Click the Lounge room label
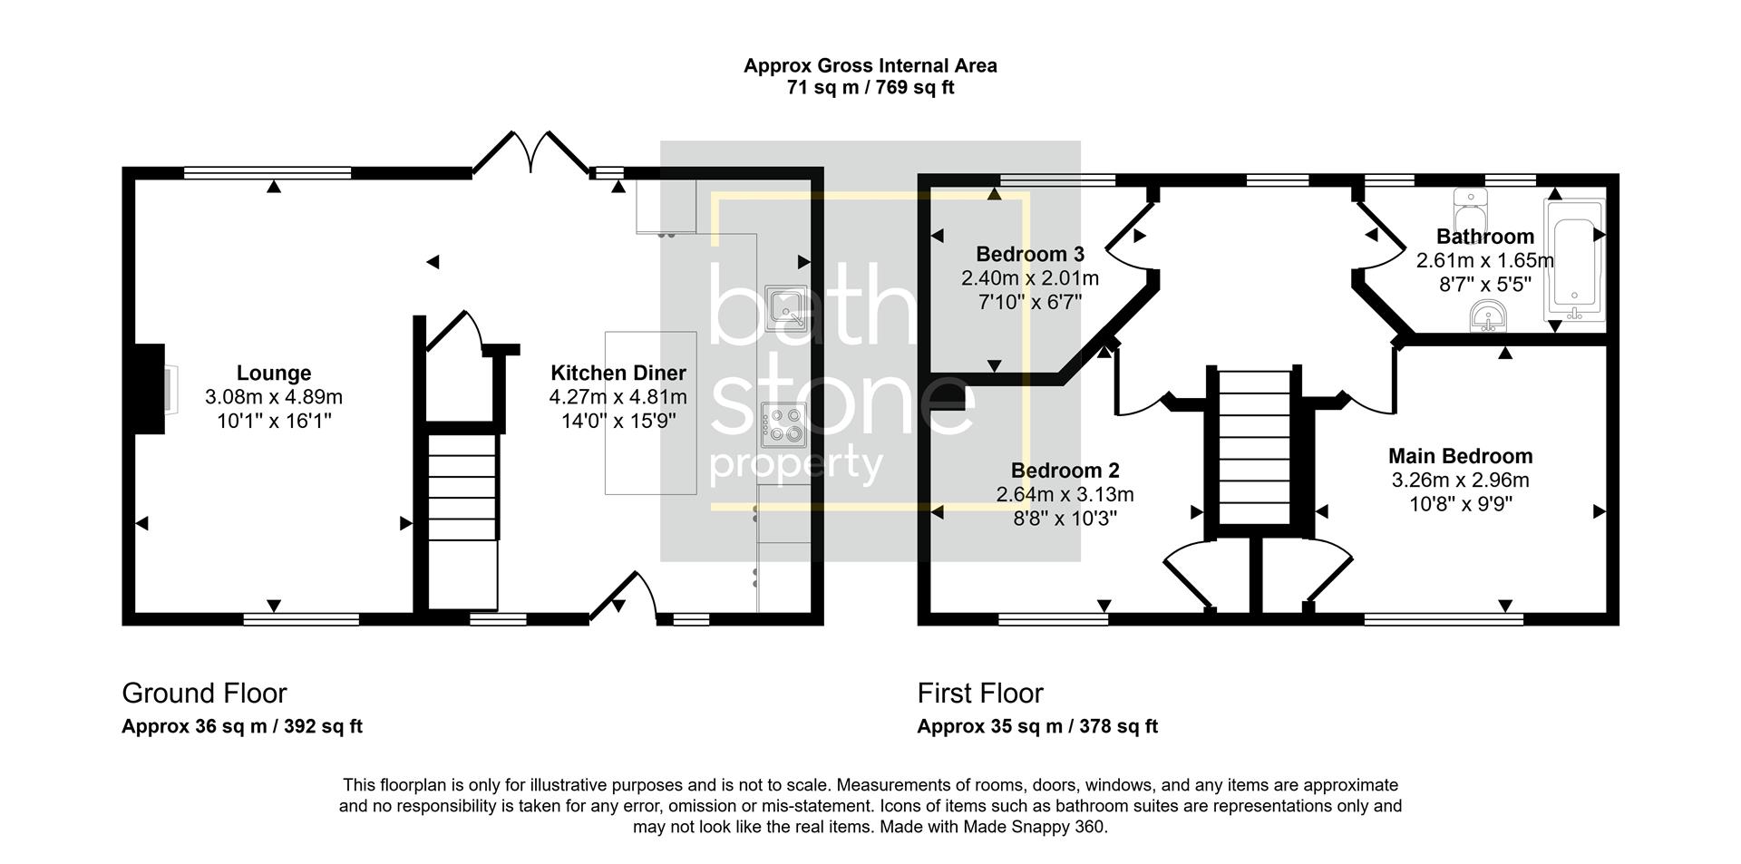pyautogui.click(x=274, y=373)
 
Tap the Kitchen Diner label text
pyautogui.click(x=618, y=373)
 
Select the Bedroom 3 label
pyautogui.click(x=1030, y=254)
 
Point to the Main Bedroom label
pyautogui.click(x=1460, y=456)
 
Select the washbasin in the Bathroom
pyautogui.click(x=1488, y=316)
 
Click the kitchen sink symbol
pyautogui.click(x=785, y=306)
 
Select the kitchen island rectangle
pyautogui.click(x=651, y=413)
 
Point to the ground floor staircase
pyautogui.click(x=462, y=521)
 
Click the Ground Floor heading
pyautogui.click(x=204, y=694)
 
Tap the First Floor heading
pyautogui.click(x=980, y=694)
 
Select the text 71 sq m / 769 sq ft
pyautogui.click(x=870, y=88)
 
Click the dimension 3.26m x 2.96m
pyautogui.click(x=1460, y=480)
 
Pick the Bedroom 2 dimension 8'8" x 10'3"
pyautogui.click(x=1065, y=519)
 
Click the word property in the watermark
pyautogui.click(x=795, y=464)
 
